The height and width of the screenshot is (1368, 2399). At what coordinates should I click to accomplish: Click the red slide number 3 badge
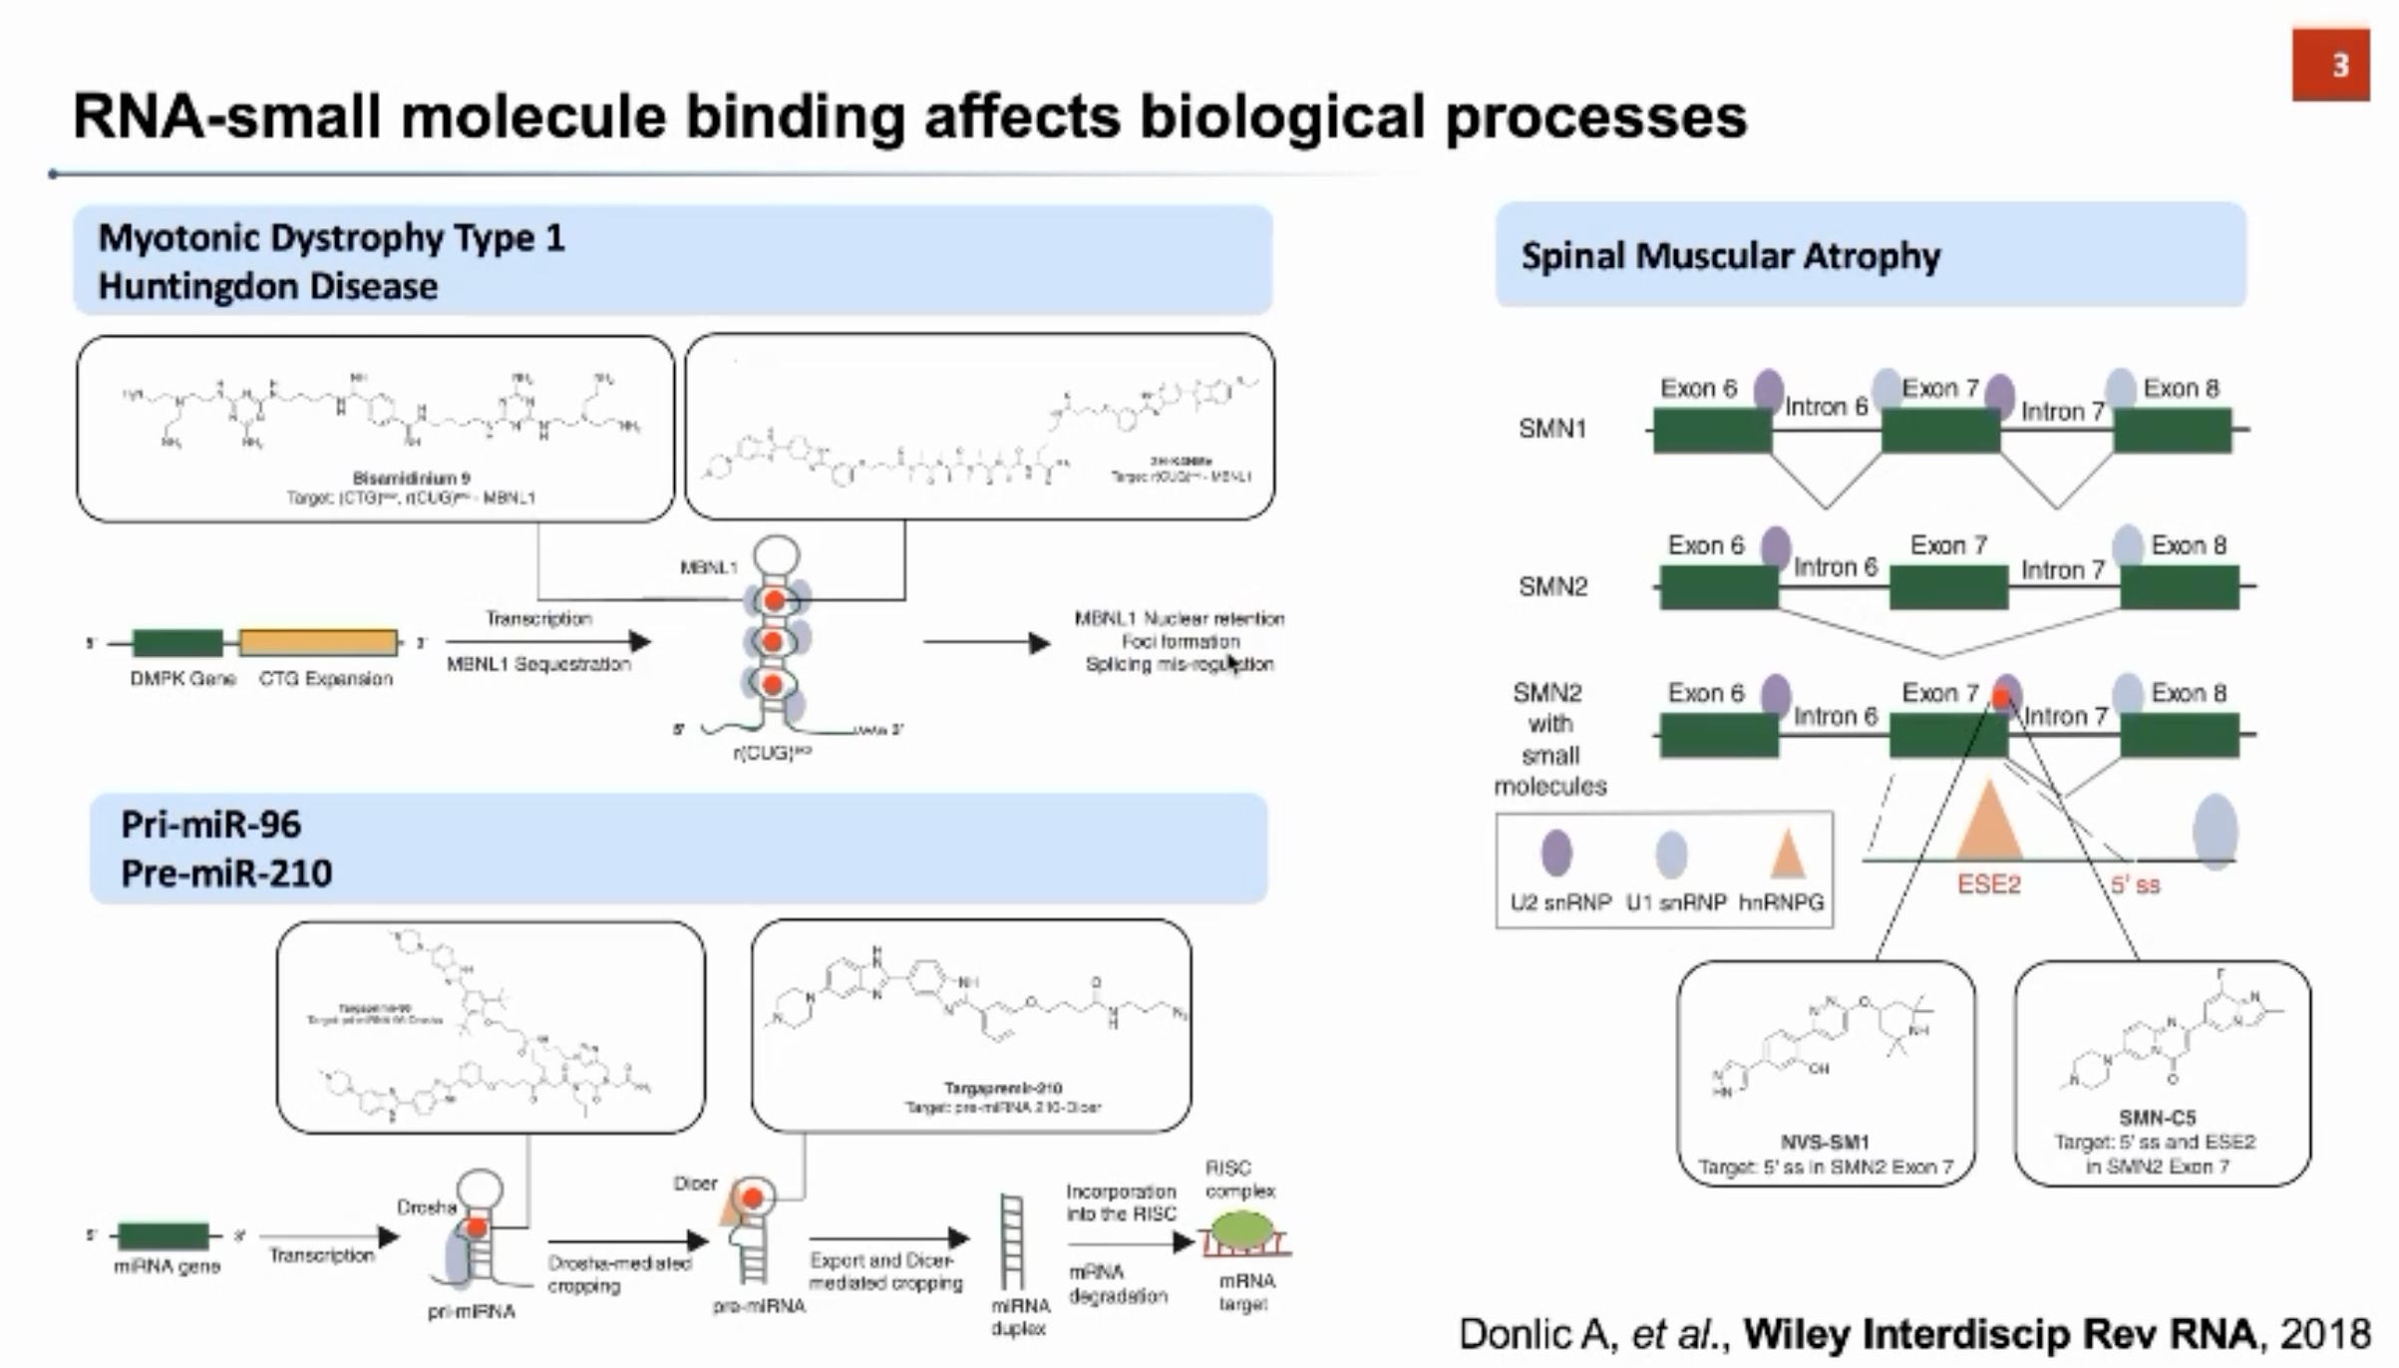pyautogui.click(x=2330, y=65)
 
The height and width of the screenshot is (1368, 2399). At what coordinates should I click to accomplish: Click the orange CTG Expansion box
pyautogui.click(x=318, y=643)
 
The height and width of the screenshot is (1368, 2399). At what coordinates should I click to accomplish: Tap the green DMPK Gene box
pyautogui.click(x=177, y=643)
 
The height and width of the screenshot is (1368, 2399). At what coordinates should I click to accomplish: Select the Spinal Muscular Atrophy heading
pyautogui.click(x=1730, y=256)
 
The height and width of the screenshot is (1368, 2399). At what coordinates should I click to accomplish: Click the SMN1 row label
pyautogui.click(x=1551, y=429)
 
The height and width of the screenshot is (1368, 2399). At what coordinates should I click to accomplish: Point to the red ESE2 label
pyautogui.click(x=1988, y=884)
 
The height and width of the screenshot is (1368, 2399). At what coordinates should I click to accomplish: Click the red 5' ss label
pyautogui.click(x=2135, y=884)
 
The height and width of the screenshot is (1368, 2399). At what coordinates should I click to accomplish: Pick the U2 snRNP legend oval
pyautogui.click(x=1556, y=854)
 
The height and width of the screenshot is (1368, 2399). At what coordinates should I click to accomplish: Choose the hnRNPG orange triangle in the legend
pyautogui.click(x=1787, y=855)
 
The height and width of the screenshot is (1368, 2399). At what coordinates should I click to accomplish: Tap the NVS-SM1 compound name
pyautogui.click(x=1825, y=1143)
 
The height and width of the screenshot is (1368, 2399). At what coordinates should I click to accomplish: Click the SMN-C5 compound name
pyautogui.click(x=2158, y=1118)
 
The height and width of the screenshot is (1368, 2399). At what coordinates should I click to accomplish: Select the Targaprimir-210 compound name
pyautogui.click(x=1003, y=1088)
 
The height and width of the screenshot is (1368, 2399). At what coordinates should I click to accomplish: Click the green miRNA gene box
pyautogui.click(x=164, y=1236)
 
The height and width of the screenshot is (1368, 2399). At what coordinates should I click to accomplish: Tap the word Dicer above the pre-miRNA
pyautogui.click(x=695, y=1184)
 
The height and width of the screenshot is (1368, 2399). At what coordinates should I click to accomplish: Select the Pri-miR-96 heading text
pyautogui.click(x=210, y=825)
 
